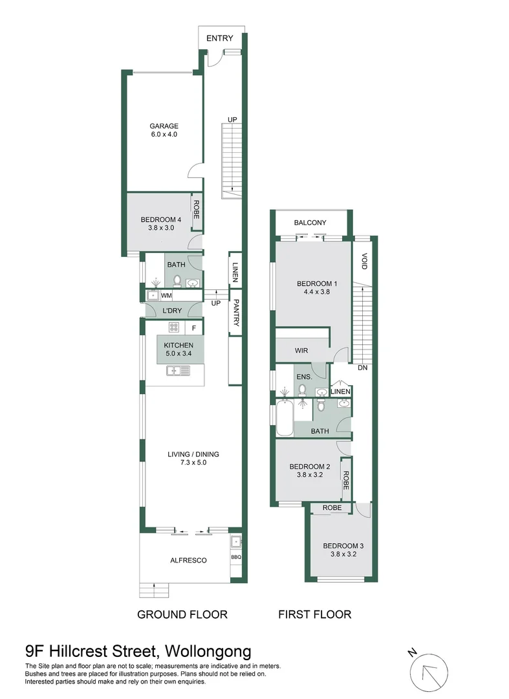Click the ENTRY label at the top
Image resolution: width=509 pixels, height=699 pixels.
click(x=219, y=38)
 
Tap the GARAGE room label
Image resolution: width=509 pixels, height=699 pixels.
click(x=164, y=126)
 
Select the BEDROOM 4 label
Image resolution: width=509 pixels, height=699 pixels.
click(x=160, y=220)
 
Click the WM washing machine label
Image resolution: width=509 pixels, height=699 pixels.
click(x=166, y=296)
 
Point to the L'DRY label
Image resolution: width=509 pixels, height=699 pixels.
click(x=172, y=311)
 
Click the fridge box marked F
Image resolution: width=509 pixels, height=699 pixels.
click(x=194, y=327)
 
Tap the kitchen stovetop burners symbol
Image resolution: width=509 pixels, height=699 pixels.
click(x=174, y=327)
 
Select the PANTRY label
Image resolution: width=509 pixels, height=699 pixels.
click(x=237, y=313)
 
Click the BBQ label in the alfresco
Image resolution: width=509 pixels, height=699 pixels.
click(x=235, y=556)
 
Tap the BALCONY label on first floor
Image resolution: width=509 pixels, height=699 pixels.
click(x=310, y=223)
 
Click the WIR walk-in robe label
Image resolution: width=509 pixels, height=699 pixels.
click(x=301, y=350)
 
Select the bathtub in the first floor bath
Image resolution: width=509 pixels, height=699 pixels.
click(x=283, y=419)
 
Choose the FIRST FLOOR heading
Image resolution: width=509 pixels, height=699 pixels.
click(x=314, y=614)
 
